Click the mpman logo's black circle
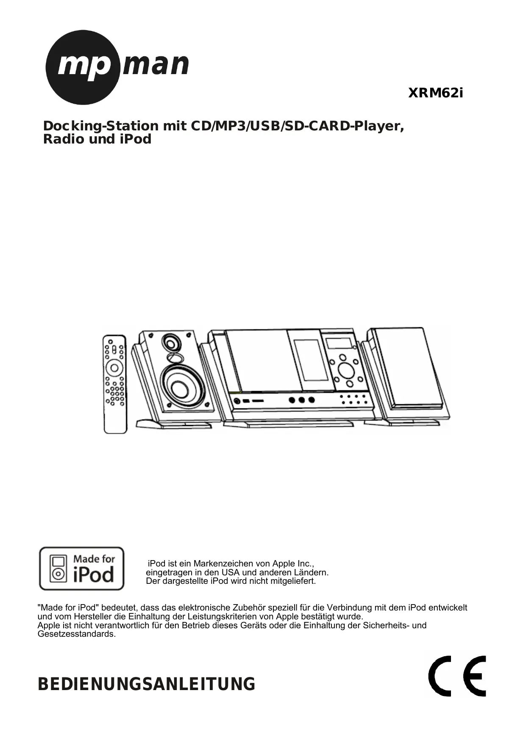coord(82,68)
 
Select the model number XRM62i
coord(435,93)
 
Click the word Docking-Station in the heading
coord(100,126)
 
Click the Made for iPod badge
coord(82,569)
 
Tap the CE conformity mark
coord(457,676)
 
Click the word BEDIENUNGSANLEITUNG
coord(147,685)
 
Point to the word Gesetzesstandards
coord(76,634)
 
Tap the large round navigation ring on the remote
coord(114,367)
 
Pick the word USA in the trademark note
coord(231,573)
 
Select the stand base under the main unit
coord(288,423)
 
